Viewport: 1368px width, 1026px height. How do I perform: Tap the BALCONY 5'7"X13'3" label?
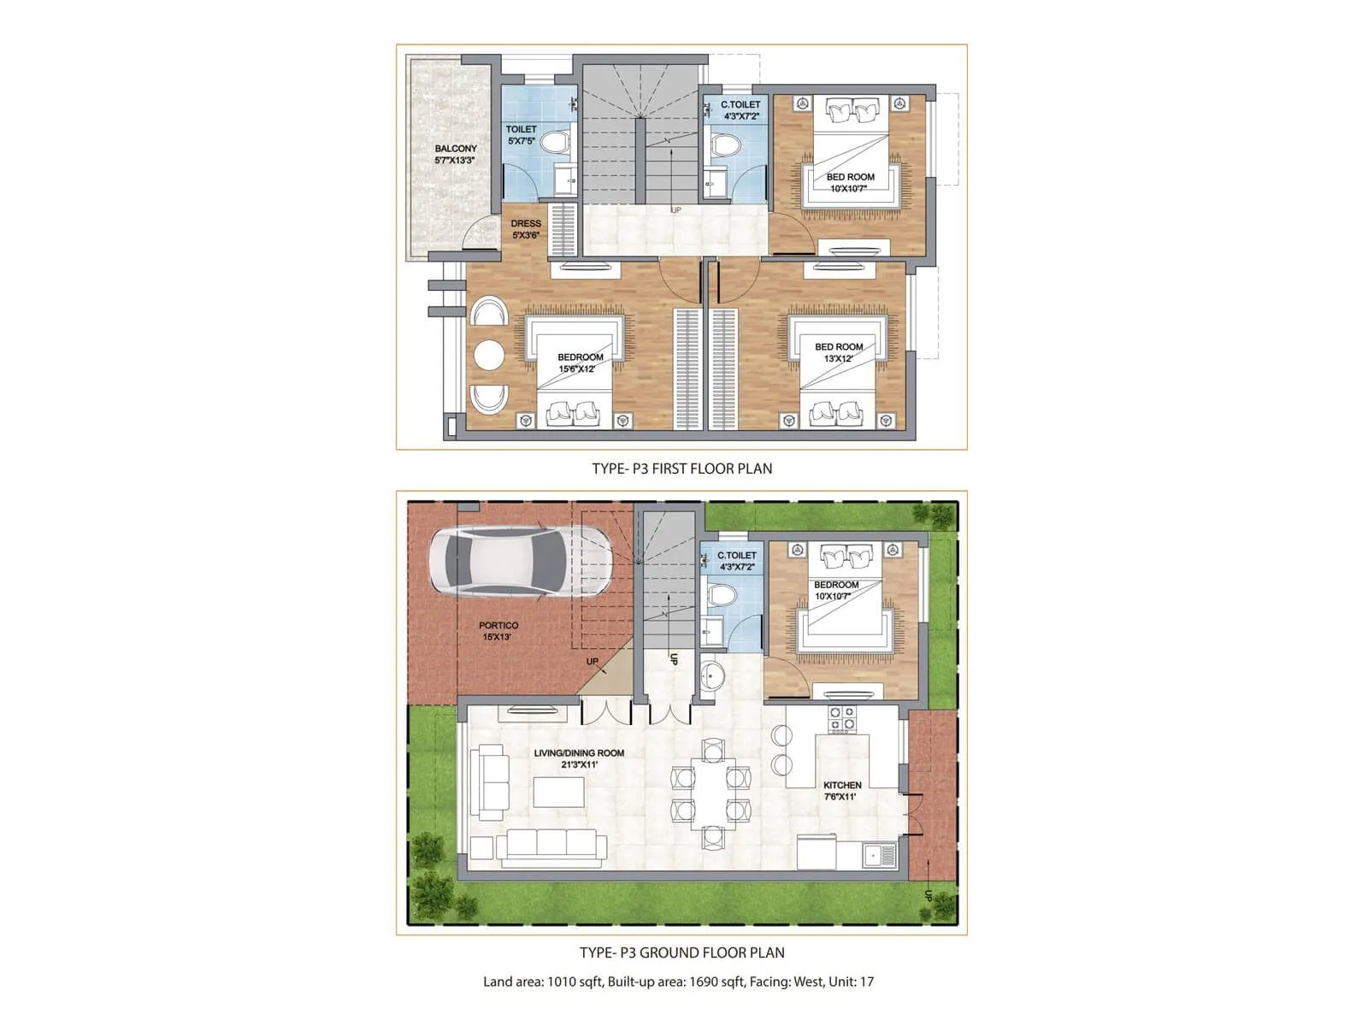pyautogui.click(x=455, y=154)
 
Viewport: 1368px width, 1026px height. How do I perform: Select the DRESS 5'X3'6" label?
pyautogui.click(x=526, y=229)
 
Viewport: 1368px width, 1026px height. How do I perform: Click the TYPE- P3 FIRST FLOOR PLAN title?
pyautogui.click(x=681, y=469)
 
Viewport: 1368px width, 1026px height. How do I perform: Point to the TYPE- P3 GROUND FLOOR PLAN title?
pyautogui.click(x=681, y=952)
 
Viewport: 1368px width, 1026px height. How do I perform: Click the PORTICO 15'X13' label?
pyautogui.click(x=498, y=631)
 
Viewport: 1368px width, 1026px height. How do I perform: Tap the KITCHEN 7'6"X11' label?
pyautogui.click(x=841, y=791)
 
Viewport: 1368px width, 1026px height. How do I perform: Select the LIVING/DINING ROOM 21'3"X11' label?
pyautogui.click(x=579, y=758)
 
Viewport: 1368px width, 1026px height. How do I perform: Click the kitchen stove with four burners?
pyautogui.click(x=841, y=719)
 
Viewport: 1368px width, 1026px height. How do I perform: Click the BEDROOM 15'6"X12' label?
pyautogui.click(x=580, y=363)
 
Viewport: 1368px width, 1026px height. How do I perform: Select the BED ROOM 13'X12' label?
pyautogui.click(x=838, y=352)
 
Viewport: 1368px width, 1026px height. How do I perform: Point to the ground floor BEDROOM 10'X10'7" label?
pyautogui.click(x=835, y=590)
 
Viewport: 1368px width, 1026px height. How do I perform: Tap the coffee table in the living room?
pyautogui.click(x=558, y=792)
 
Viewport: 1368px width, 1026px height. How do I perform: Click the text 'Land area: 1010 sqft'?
pyautogui.click(x=543, y=982)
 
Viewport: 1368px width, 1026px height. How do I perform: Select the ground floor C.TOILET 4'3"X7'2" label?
pyautogui.click(x=736, y=561)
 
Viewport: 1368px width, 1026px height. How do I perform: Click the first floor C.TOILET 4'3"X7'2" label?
pyautogui.click(x=740, y=109)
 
